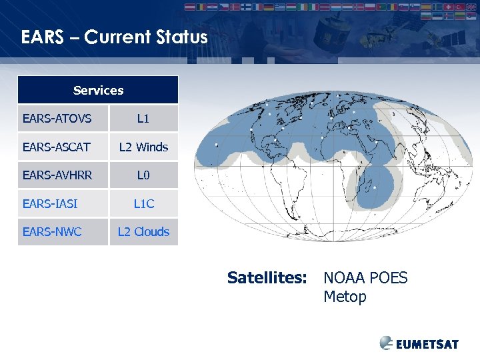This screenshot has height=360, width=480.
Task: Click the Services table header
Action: pyautogui.click(x=98, y=90)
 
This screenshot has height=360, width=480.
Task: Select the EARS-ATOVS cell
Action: pyautogui.click(x=57, y=119)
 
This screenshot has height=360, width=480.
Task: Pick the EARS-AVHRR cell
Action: pyautogui.click(x=57, y=175)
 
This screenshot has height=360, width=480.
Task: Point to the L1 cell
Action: pyautogui.click(x=143, y=119)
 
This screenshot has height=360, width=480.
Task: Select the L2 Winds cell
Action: pyautogui.click(x=143, y=147)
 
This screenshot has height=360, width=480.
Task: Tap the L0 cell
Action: pyautogui.click(x=143, y=175)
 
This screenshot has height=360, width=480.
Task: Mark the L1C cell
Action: pyautogui.click(x=143, y=203)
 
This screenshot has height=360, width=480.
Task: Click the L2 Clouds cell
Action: pyautogui.click(x=143, y=232)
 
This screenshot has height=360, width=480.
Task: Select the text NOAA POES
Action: pyautogui.click(x=365, y=277)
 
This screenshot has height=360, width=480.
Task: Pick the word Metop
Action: pyautogui.click(x=345, y=297)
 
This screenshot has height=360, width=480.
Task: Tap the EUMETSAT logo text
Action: pyautogui.click(x=427, y=344)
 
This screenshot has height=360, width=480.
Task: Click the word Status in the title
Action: pyautogui.click(x=179, y=37)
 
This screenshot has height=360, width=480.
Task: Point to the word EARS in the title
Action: pyautogui.click(x=42, y=37)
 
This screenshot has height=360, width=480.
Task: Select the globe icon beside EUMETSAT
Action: pyautogui.click(x=387, y=343)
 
